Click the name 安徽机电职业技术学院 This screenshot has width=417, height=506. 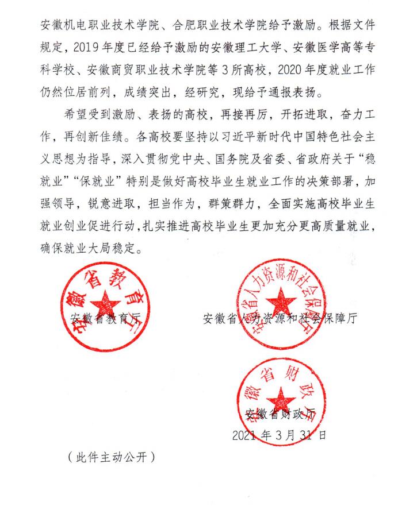click(98, 26)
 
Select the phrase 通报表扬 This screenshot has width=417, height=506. click(293, 92)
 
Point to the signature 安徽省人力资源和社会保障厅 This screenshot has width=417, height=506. click(279, 319)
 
